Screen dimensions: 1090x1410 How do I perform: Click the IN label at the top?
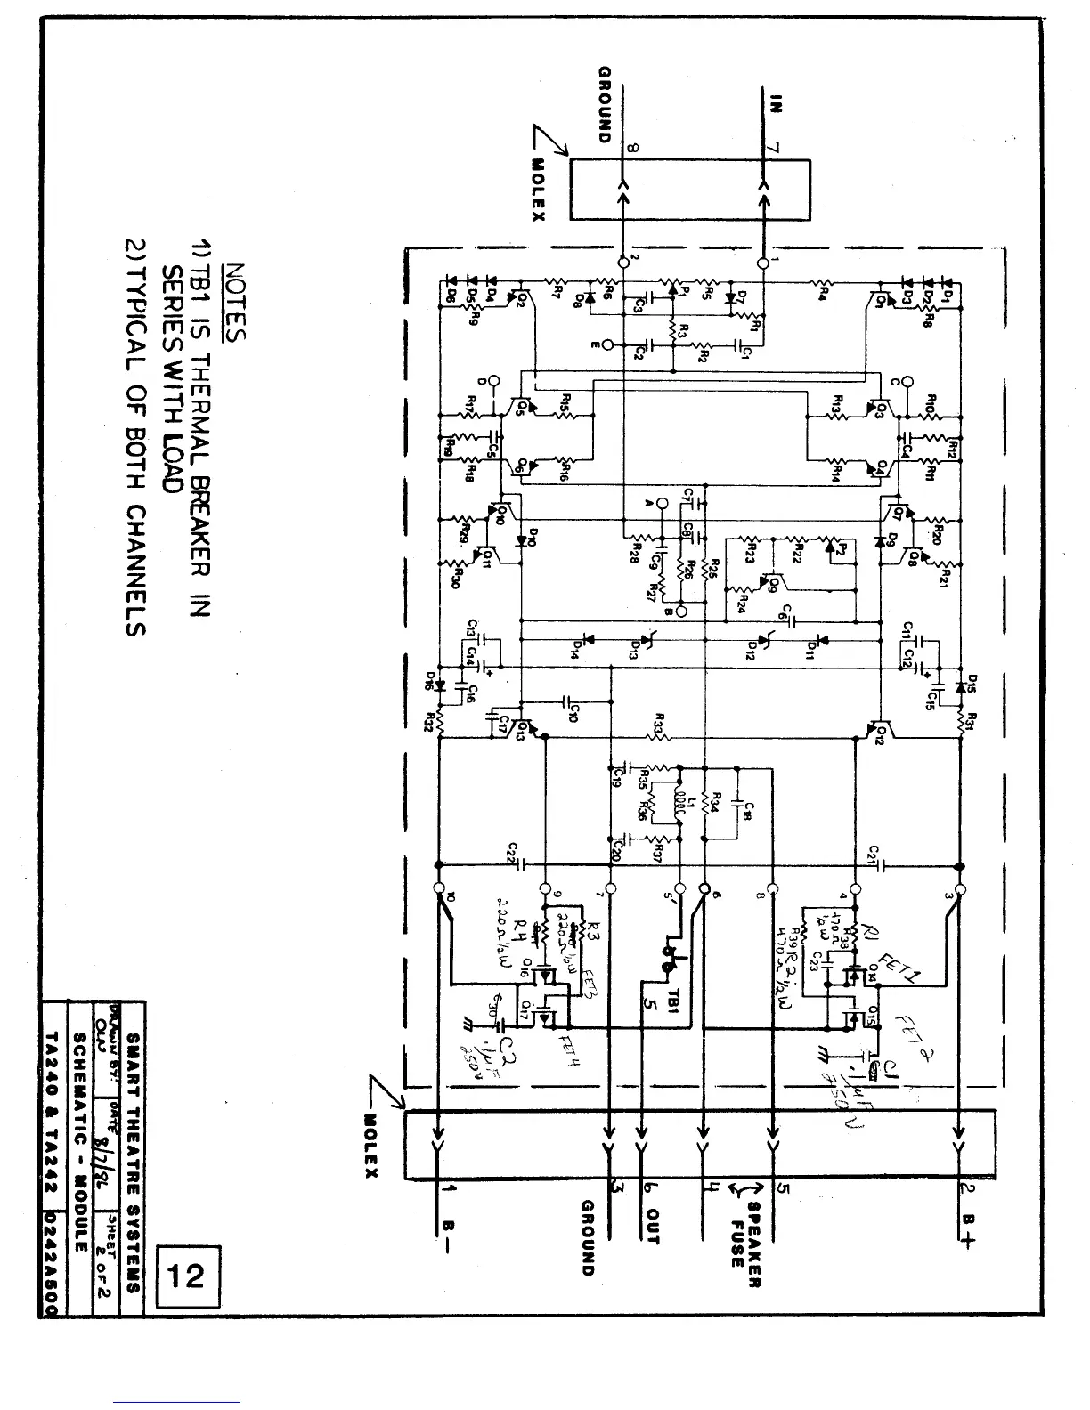(775, 104)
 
